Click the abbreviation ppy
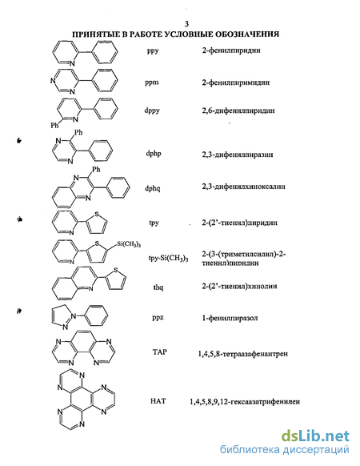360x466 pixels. [x=153, y=50]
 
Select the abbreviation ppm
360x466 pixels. [x=152, y=82]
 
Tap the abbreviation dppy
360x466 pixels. [x=152, y=110]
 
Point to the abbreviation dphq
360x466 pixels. [x=153, y=188]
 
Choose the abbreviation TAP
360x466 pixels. [x=159, y=352]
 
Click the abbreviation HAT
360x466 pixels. [x=158, y=401]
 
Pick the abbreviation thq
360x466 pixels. [x=158, y=287]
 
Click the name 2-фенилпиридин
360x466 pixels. [x=231, y=50]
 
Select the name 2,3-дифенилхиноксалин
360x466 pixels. [x=243, y=187]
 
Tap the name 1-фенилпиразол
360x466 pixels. [x=230, y=318]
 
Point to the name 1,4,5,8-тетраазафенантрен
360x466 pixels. [x=242, y=354]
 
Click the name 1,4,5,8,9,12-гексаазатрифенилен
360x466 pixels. [x=245, y=402]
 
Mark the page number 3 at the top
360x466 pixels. [x=186, y=24]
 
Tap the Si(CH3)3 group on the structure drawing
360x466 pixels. [x=129, y=244]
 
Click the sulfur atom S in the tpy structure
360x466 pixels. [x=97, y=214]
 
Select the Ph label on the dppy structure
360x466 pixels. [x=54, y=126]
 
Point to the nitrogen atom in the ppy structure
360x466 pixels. [x=72, y=63]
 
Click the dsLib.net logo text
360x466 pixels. [x=315, y=436]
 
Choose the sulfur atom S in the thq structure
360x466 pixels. [x=115, y=270]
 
